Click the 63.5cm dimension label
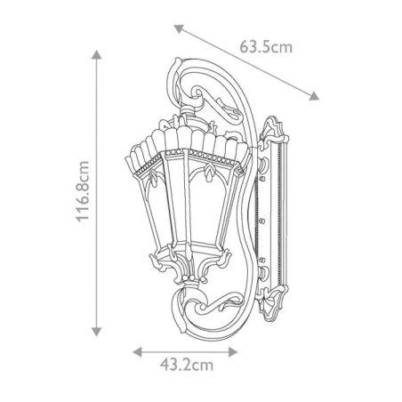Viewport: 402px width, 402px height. click(266, 47)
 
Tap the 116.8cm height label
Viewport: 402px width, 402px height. click(82, 192)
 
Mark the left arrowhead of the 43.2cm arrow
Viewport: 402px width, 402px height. click(137, 351)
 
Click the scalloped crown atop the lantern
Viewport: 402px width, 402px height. click(187, 142)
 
